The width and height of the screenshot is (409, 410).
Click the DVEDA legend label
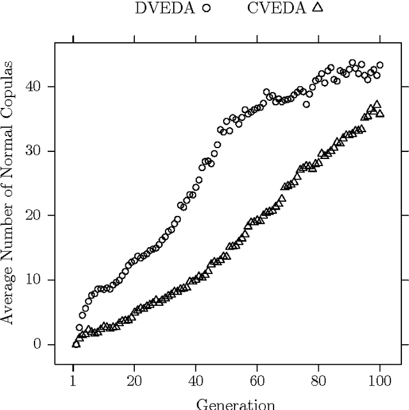(165, 8)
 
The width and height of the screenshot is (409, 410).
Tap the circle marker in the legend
(206, 8)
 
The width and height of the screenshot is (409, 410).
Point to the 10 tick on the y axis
(39, 280)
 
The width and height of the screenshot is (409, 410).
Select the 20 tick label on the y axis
(39, 216)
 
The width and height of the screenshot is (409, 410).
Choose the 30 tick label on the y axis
(39, 151)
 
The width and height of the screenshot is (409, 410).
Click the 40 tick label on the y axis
(39, 87)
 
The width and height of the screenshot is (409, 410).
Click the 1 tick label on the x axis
(73, 381)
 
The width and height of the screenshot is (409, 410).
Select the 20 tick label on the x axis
(134, 381)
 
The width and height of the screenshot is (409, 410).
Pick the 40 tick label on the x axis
(196, 381)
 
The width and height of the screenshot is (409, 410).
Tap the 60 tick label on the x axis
(257, 381)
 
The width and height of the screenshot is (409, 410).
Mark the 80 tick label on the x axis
(318, 381)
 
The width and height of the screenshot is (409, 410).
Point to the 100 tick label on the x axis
(380, 381)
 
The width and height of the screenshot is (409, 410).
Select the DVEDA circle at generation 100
(380, 65)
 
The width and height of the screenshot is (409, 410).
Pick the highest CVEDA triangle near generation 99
(377, 104)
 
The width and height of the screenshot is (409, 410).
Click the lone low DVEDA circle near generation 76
(306, 104)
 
